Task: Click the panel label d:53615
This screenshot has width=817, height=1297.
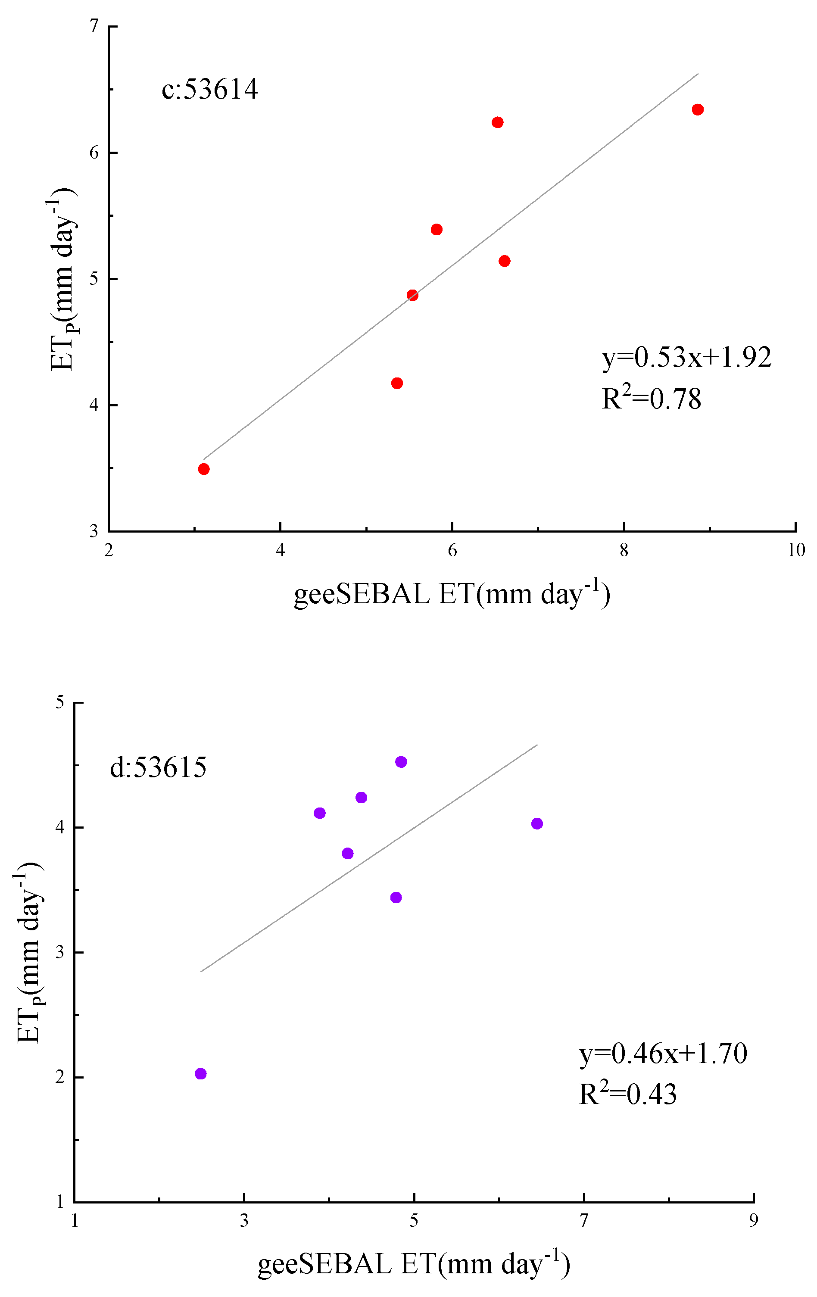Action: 158,767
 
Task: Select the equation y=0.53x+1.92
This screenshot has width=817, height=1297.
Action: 686,357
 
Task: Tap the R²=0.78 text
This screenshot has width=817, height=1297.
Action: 651,399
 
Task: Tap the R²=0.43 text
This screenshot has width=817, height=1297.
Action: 627,1094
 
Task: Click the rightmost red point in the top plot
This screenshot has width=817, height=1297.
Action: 698,109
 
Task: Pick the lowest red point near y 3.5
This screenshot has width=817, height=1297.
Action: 203,469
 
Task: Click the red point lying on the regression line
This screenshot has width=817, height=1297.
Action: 412,295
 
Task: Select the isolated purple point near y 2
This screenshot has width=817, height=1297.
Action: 200,1074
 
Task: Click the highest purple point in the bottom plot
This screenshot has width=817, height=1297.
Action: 401,762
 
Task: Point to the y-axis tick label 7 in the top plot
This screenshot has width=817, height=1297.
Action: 94,26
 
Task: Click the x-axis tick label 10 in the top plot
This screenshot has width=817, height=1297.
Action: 796,550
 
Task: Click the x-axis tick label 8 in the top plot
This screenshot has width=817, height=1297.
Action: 624,550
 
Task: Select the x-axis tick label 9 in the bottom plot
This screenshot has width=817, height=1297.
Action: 754,1220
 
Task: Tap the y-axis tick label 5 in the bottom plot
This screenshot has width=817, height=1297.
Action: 60,702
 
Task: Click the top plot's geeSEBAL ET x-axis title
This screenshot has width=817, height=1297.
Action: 451,594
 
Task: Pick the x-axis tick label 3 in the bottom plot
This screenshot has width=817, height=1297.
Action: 244,1220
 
